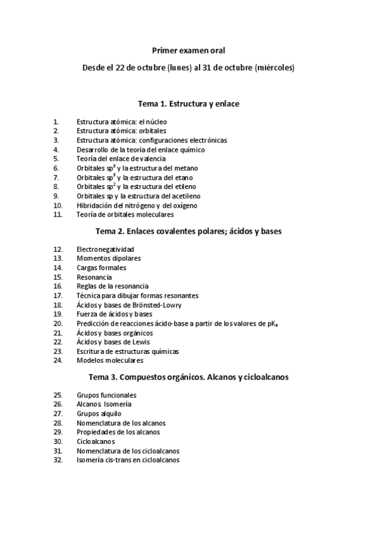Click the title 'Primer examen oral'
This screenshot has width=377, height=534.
click(x=188, y=50)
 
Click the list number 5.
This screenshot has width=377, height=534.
click(x=56, y=159)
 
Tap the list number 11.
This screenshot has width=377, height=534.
click(x=58, y=215)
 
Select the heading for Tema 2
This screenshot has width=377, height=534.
click(x=188, y=232)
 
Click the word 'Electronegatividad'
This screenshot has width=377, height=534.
click(x=105, y=249)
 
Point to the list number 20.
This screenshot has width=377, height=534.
click(x=58, y=324)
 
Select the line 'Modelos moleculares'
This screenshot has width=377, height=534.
click(x=110, y=361)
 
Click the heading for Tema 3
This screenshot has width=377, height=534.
click(x=188, y=377)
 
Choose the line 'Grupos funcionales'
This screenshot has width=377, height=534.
click(x=106, y=395)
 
